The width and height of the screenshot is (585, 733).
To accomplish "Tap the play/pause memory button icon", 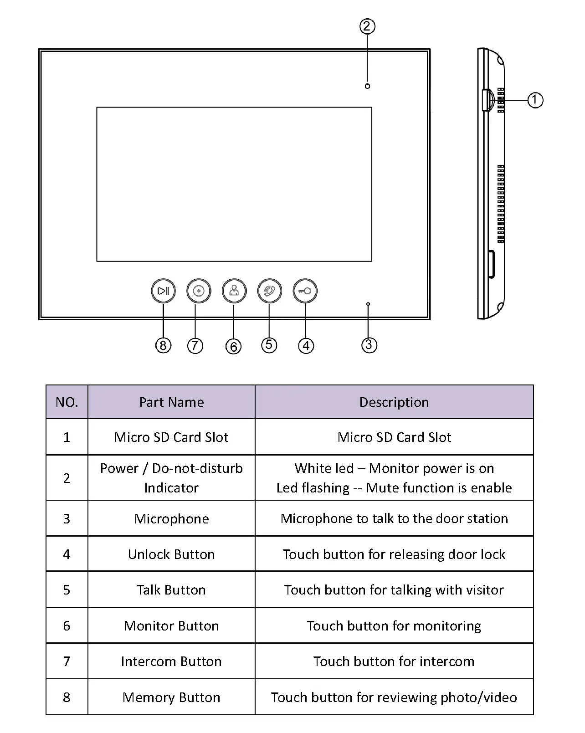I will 163,291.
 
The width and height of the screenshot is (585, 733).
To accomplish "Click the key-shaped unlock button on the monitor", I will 305,291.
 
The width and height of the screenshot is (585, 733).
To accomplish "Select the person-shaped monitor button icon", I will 234,291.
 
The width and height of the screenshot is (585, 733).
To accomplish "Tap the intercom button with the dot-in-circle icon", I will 199,291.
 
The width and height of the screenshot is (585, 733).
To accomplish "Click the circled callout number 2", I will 367,26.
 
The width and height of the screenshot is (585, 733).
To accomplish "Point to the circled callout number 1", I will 535,100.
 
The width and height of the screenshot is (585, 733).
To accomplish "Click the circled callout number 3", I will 369,345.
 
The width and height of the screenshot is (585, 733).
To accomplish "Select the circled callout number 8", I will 163,345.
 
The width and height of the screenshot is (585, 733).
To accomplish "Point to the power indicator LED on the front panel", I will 367,86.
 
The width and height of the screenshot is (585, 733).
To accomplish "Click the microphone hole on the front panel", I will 368,303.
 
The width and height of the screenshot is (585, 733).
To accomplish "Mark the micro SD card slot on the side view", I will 487,100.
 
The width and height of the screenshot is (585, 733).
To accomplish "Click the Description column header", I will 394,402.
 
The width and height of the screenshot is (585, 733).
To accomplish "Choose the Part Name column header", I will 171,402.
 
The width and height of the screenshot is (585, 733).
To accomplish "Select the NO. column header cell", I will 67,402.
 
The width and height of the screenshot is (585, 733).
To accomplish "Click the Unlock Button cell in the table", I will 171,554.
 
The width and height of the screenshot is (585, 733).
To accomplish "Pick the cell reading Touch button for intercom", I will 394,661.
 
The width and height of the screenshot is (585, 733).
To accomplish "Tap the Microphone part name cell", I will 171,519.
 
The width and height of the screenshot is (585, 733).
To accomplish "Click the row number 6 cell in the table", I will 67,626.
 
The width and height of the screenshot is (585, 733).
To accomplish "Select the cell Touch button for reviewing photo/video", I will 394,697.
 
